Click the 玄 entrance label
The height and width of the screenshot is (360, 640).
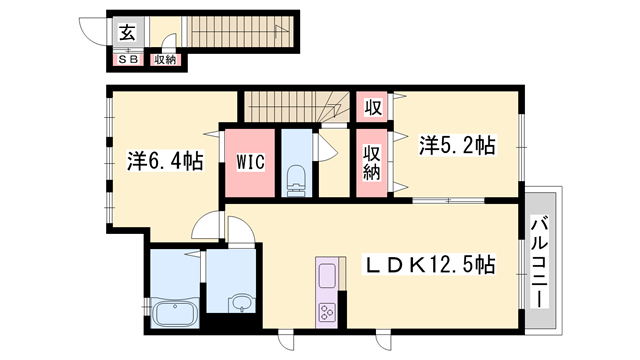pos(128,32)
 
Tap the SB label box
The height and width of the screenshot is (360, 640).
pos(129,60)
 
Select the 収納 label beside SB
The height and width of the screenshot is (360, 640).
pos(165,60)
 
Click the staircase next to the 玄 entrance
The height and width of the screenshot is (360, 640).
pos(236,31)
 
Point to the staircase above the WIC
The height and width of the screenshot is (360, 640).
pos(291,103)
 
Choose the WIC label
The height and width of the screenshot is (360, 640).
pos(250,161)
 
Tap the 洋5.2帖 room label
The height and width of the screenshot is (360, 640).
pos(456,146)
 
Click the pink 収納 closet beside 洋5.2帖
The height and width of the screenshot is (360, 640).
pos(372,161)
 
